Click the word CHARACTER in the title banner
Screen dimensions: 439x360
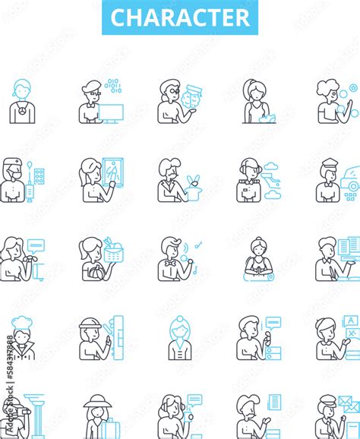click(179, 17)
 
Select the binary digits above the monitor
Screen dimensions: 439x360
click(113, 85)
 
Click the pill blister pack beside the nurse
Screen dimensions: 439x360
click(39, 177)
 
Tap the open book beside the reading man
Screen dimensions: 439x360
click(349, 247)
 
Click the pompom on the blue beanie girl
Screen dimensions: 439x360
click(179, 319)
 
